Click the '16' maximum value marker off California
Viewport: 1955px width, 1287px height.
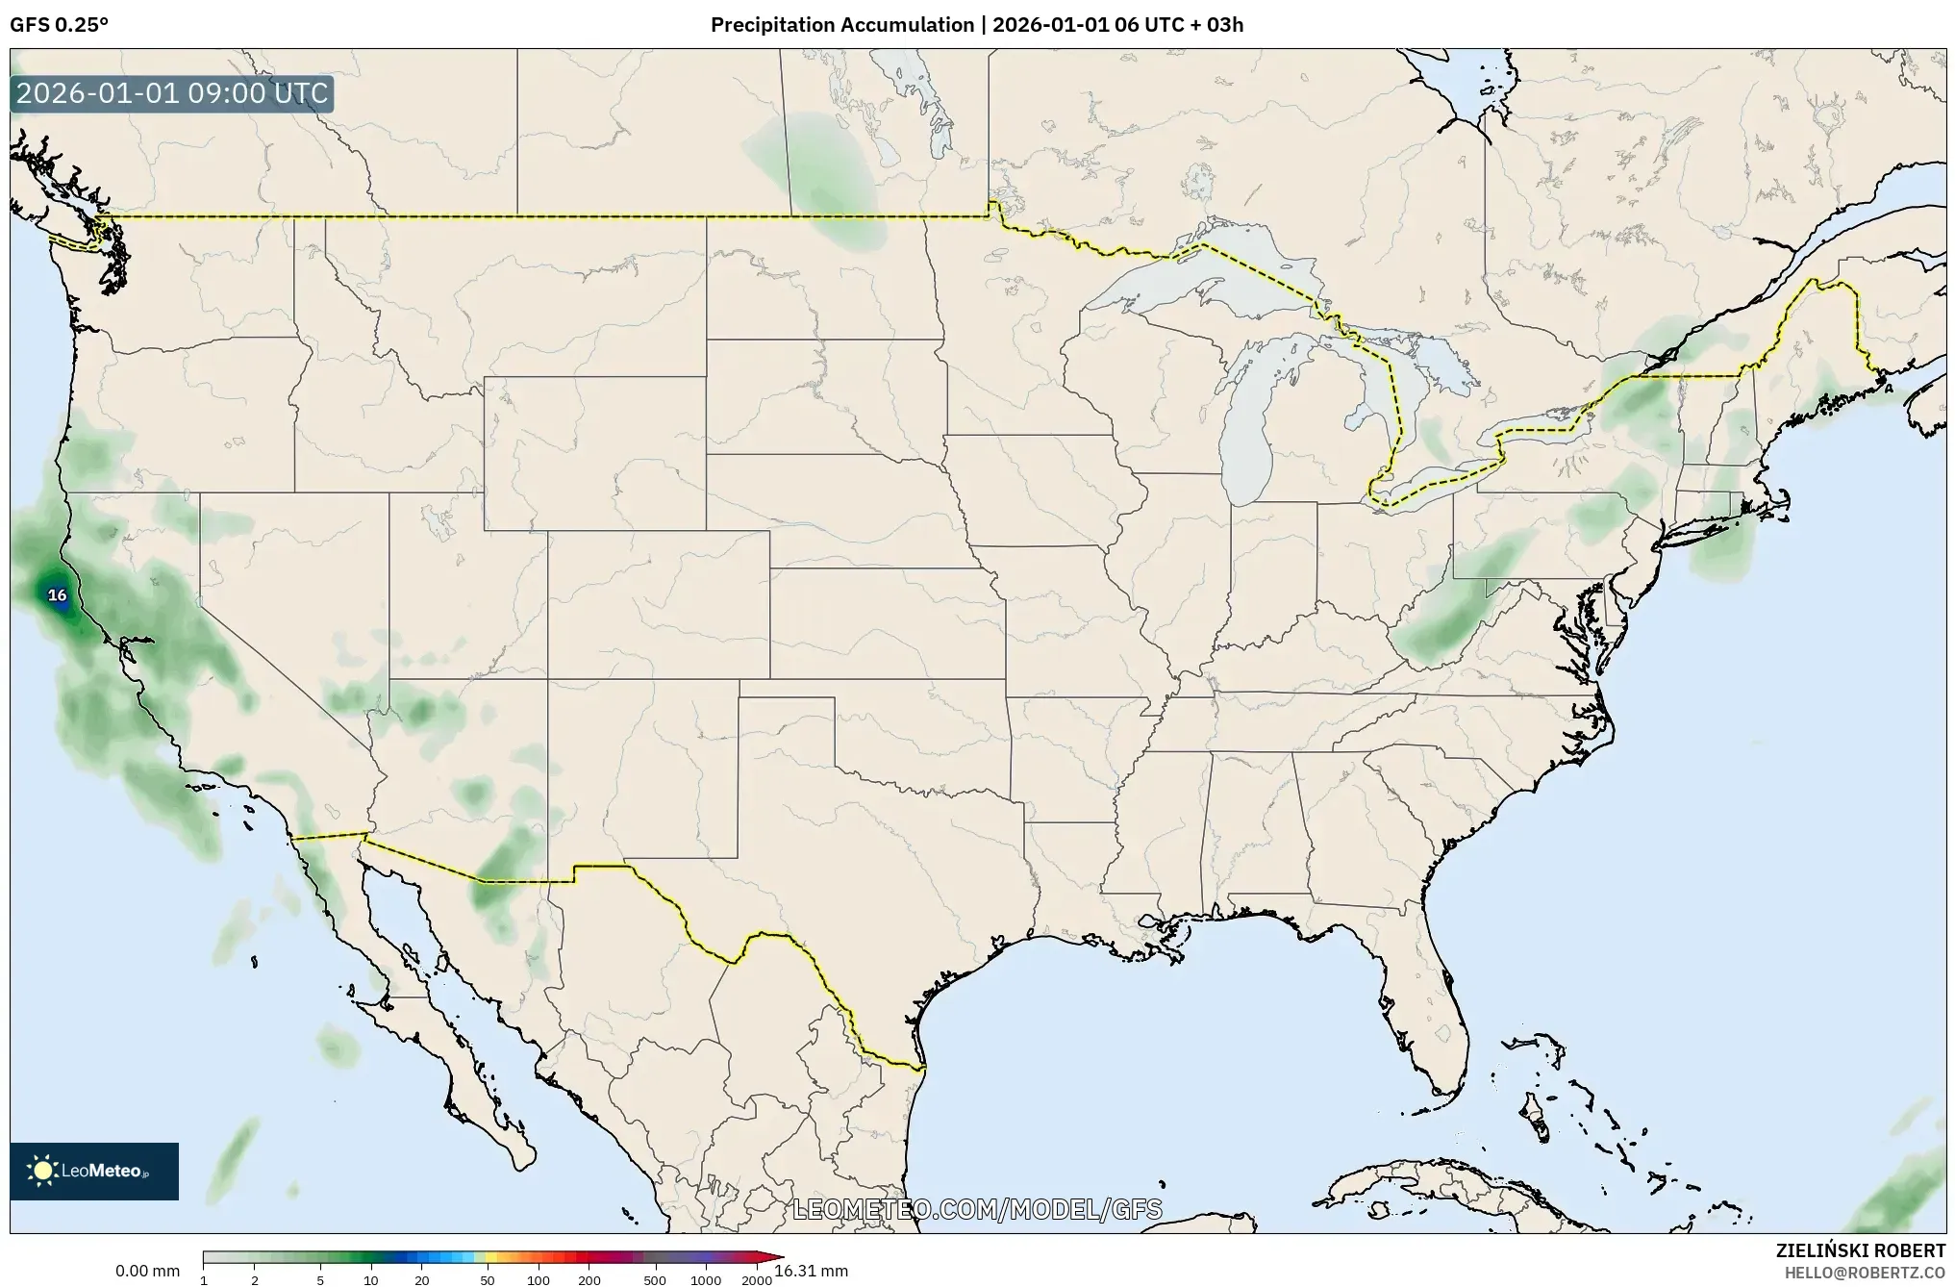coord(58,595)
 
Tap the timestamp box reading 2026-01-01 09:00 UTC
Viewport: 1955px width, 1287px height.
coord(173,94)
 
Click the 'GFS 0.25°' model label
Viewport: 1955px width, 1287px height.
coord(59,25)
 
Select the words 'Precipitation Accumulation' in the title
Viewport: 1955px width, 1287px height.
coord(841,25)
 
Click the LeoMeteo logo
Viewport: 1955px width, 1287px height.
coord(94,1171)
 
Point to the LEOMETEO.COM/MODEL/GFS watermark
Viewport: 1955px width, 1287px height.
coord(977,1209)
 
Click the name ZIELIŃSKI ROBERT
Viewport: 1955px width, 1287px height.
coord(1860,1251)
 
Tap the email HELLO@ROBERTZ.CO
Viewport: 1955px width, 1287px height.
coord(1865,1273)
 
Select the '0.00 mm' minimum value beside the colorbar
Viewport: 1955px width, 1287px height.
coord(147,1271)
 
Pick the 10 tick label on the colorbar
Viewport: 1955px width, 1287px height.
coord(371,1280)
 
